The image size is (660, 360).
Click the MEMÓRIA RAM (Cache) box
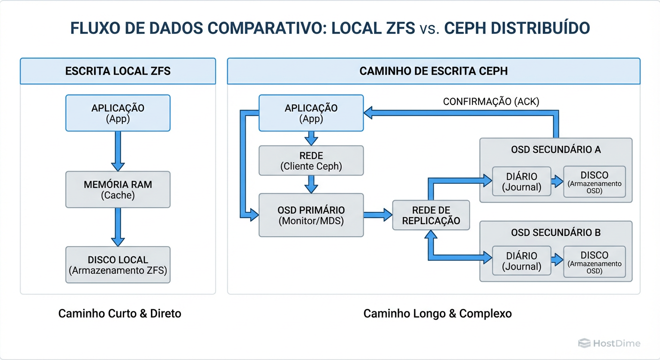(x=118, y=189)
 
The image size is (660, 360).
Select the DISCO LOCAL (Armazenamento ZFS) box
(x=118, y=265)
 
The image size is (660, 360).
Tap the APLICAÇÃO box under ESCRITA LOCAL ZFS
(x=118, y=113)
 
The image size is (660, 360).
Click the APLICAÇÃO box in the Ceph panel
(x=311, y=113)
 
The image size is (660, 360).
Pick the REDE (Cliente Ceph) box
(x=311, y=160)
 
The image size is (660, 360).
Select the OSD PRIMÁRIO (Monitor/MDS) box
(x=311, y=215)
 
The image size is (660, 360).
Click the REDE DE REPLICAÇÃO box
(x=431, y=215)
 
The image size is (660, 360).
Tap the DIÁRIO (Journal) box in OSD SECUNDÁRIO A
(x=521, y=182)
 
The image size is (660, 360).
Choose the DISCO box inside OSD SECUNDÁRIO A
(x=594, y=181)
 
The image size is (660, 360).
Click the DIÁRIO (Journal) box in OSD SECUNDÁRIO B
(x=521, y=261)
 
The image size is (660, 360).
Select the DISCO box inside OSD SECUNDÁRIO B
(x=594, y=261)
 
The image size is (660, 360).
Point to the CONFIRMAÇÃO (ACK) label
(x=491, y=102)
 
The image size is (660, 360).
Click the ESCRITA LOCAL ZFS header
(x=118, y=71)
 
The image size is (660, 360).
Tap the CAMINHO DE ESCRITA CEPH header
(x=434, y=71)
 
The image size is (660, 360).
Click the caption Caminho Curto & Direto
(x=120, y=313)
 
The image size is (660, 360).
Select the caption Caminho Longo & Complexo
(x=437, y=313)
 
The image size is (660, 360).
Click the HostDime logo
(x=609, y=343)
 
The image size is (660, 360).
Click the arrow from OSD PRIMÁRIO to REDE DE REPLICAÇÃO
(x=378, y=215)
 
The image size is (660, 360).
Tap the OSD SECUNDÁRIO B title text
(x=556, y=232)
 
